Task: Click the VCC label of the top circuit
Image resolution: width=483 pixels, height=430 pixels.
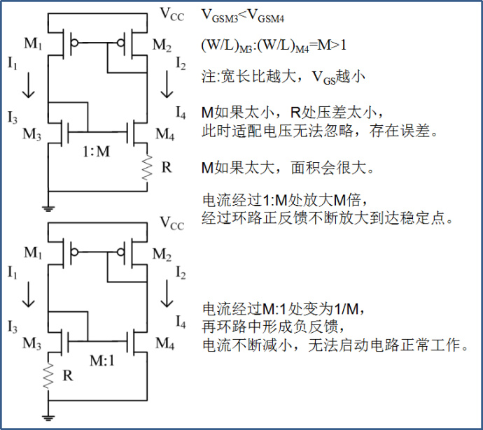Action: (x=172, y=13)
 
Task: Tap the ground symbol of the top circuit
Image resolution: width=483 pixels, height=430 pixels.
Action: (x=48, y=206)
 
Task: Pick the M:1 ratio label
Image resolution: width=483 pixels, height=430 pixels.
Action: (x=102, y=360)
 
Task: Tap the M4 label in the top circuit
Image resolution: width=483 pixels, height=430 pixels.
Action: (x=164, y=134)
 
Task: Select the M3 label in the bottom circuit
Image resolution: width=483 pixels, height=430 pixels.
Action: (x=31, y=343)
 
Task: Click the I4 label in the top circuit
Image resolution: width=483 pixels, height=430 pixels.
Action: (x=180, y=111)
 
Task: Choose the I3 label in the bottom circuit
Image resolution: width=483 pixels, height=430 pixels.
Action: (x=13, y=327)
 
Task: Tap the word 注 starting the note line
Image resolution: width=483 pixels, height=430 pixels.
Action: (x=208, y=77)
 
